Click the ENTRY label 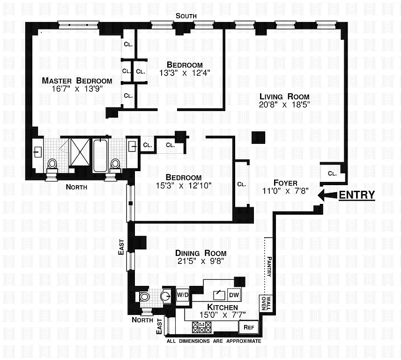[356, 195]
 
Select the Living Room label [284, 97]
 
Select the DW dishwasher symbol [233, 295]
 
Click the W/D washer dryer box [182, 295]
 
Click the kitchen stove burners [202, 327]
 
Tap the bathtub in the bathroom [101, 156]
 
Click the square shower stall [80, 152]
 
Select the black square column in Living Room [259, 137]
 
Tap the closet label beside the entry [332, 173]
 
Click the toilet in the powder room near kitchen [145, 296]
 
